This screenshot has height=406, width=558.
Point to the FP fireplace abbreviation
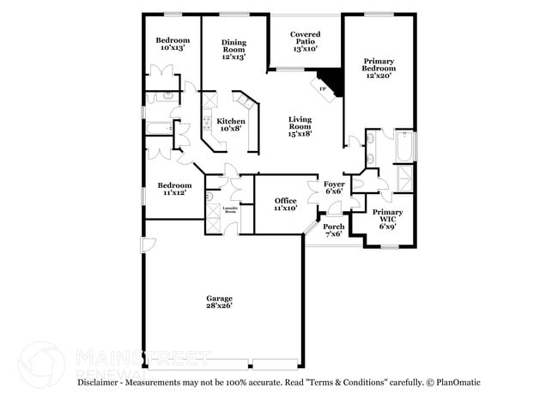pyautogui.click(x=323, y=88)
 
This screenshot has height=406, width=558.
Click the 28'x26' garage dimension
pyautogui.click(x=219, y=306)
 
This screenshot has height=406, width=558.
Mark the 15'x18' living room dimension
pyautogui.click(x=300, y=133)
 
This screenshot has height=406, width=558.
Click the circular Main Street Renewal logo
pyautogui.click(x=41, y=364)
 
